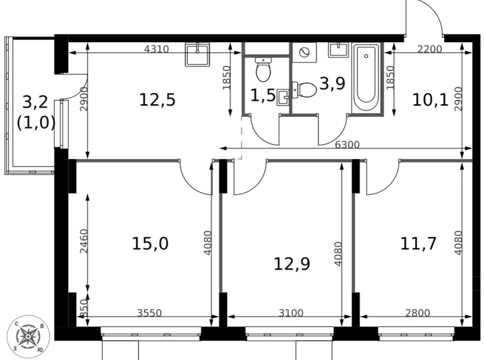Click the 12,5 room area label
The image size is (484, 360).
[x=157, y=100]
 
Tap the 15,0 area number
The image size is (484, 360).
[x=150, y=243]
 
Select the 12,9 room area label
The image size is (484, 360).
[x=292, y=264]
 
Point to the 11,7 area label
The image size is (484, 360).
[x=419, y=243]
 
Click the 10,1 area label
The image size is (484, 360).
[x=429, y=100]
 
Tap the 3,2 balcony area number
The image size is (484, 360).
[x=35, y=101]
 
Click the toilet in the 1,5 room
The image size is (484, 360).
[x=263, y=70]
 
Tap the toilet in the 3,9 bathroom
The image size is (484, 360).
[x=304, y=90]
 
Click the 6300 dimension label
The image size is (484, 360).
[x=346, y=145]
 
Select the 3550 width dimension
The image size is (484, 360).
[x=148, y=313]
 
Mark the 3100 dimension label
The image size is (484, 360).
[x=290, y=313]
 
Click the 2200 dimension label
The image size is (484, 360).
[x=428, y=50]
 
